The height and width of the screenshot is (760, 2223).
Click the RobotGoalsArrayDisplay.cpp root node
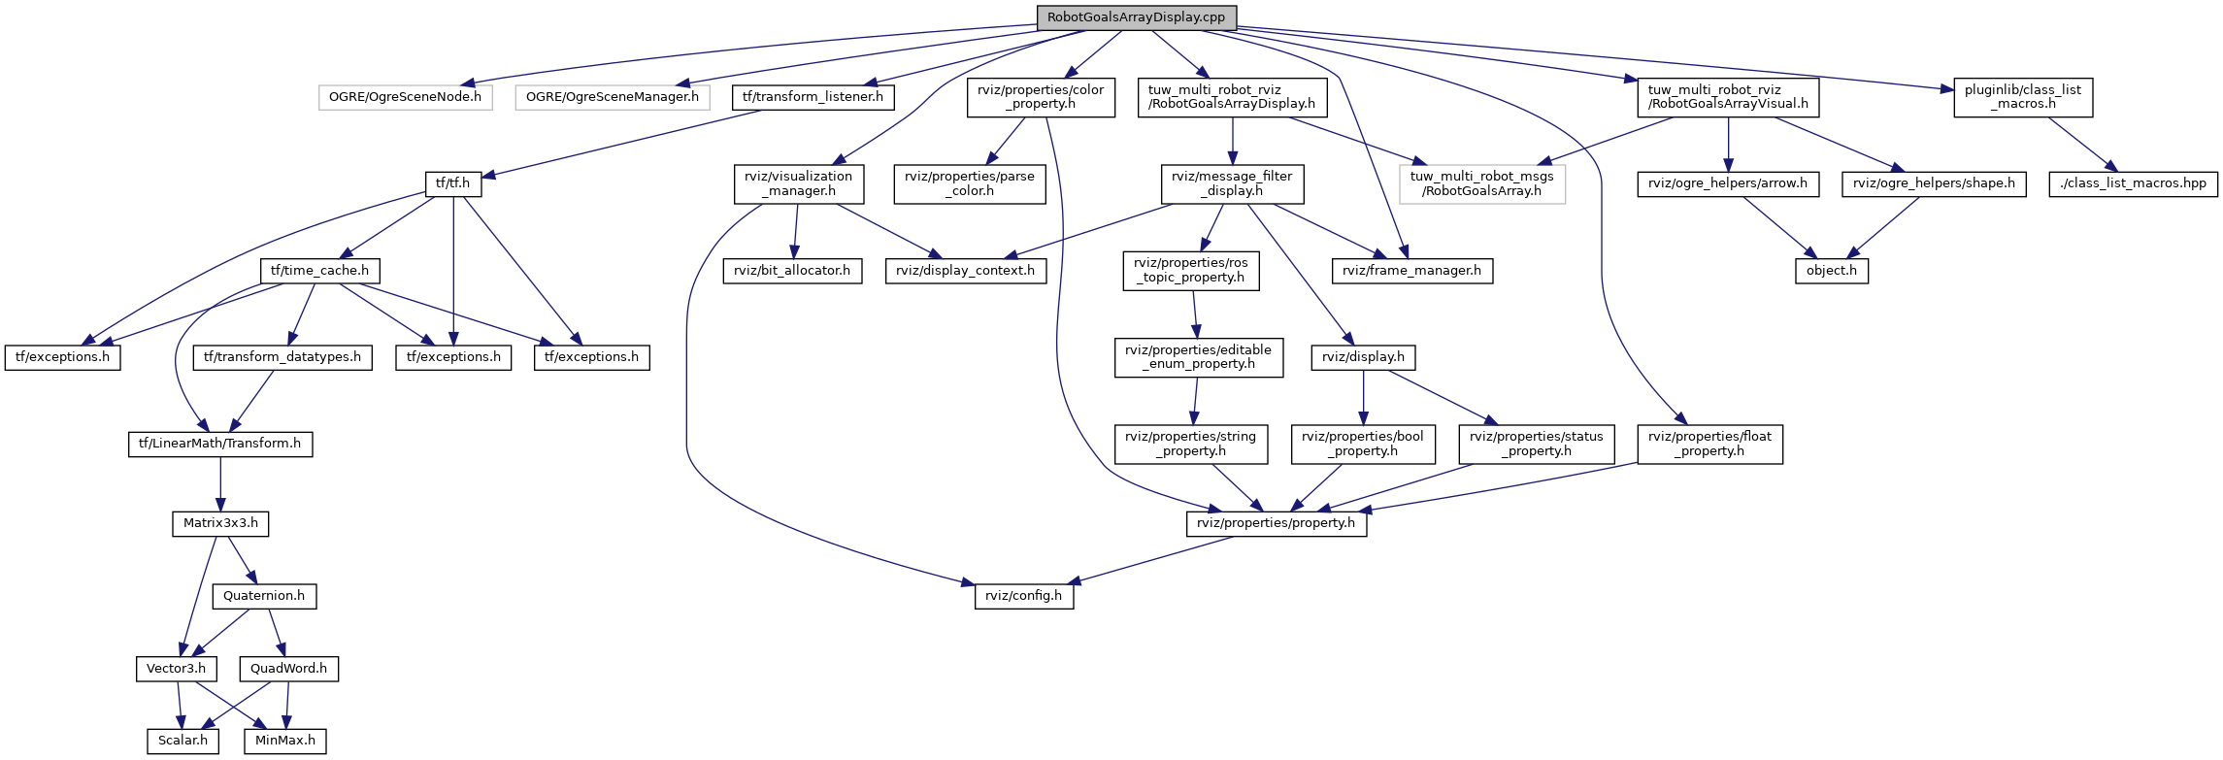click(x=1136, y=17)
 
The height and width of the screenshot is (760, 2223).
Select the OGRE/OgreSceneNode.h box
click(x=405, y=97)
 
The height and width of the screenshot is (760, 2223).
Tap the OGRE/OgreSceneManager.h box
click(x=612, y=97)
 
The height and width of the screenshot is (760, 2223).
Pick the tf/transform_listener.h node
click(x=813, y=97)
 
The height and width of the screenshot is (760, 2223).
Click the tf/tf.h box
click(x=452, y=183)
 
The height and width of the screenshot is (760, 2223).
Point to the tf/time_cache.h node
click(x=319, y=271)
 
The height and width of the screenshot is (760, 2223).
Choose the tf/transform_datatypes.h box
click(x=282, y=357)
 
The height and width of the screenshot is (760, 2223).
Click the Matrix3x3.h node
click(x=220, y=523)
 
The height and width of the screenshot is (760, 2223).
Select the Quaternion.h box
click(x=264, y=596)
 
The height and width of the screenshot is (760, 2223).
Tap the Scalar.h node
click(x=182, y=741)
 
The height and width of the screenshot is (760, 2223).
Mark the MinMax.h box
click(x=284, y=741)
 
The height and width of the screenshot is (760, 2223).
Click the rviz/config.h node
click(x=1023, y=596)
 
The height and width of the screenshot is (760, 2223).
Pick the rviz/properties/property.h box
click(x=1276, y=523)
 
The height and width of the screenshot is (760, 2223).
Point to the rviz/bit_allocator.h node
click(x=791, y=271)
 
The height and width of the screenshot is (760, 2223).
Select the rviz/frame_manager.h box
click(x=1411, y=271)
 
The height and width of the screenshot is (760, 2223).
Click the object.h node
click(x=1831, y=271)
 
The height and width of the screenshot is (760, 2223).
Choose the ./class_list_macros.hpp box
click(x=2133, y=183)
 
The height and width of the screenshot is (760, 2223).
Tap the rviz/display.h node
click(x=1363, y=357)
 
